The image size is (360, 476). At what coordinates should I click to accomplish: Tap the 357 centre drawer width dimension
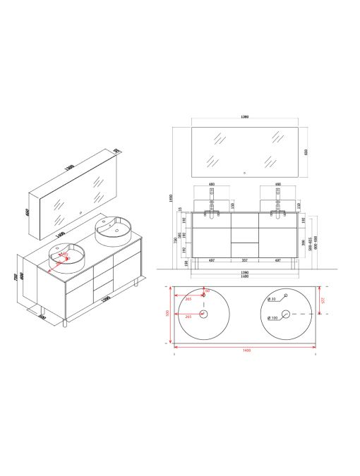pyautogui.click(x=246, y=260)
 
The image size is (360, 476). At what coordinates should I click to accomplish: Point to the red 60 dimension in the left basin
pyautogui.click(x=208, y=291)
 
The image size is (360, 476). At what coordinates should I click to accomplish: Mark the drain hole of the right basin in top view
pyautogui.click(x=287, y=314)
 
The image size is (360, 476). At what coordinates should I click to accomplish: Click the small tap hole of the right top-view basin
pyautogui.click(x=287, y=294)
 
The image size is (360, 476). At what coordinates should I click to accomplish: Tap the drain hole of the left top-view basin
pyautogui.click(x=204, y=314)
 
